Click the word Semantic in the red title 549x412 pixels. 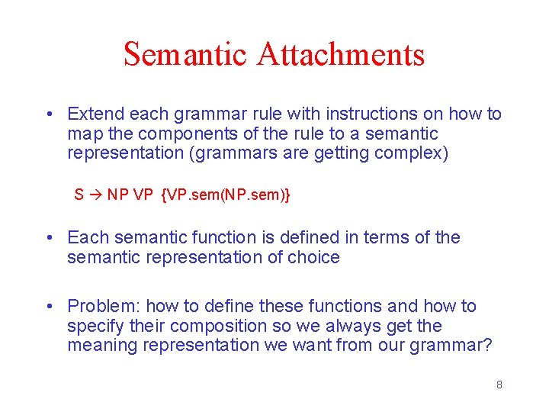pos(186,54)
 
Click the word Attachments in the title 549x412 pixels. pos(341,54)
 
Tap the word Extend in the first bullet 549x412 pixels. pos(95,114)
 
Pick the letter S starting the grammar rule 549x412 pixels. pos(79,195)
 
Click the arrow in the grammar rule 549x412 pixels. pos(95,195)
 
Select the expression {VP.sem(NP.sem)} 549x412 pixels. pos(226,195)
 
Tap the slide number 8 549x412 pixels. pos(499,385)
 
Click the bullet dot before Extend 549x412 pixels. pos(48,115)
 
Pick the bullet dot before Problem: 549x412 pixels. pos(48,307)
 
